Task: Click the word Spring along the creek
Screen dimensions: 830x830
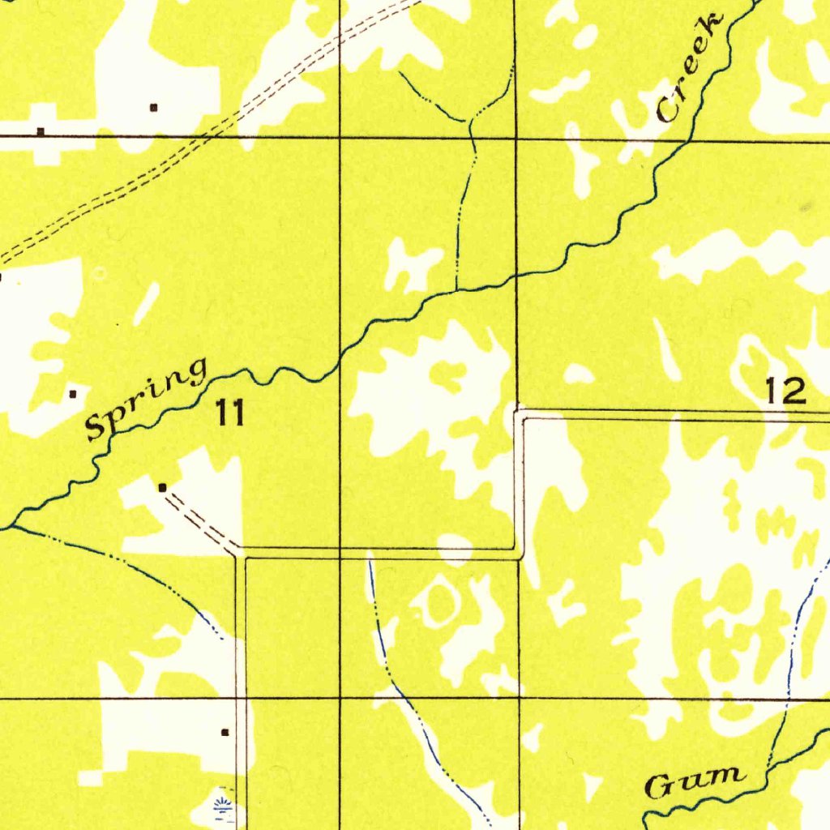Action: click(x=146, y=400)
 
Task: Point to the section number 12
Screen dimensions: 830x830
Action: click(x=786, y=392)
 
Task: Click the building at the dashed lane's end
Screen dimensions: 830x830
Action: click(x=163, y=487)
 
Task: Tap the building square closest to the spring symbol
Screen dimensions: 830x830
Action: click(x=225, y=732)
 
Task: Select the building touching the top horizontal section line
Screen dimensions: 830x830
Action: click(x=41, y=131)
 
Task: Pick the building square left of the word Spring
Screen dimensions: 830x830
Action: click(x=73, y=394)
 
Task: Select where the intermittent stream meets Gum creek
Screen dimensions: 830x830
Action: click(x=768, y=767)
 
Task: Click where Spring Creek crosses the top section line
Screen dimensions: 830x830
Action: click(x=687, y=139)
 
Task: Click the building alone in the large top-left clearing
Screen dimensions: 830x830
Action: click(x=153, y=107)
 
